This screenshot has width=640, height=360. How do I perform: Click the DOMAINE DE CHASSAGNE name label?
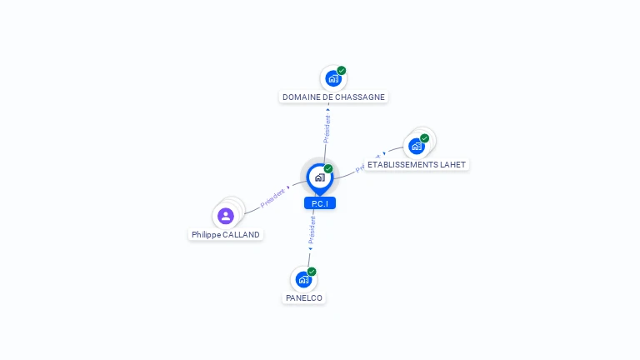[x=333, y=97]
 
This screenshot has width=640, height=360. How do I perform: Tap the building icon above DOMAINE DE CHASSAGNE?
[x=332, y=79]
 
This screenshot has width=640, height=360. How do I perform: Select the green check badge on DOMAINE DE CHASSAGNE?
[x=342, y=71]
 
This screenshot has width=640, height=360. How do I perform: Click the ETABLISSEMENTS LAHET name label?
[x=416, y=165]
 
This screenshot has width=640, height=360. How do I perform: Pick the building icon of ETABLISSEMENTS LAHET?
[x=416, y=146]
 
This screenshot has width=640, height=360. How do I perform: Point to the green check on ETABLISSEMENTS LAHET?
[x=425, y=138]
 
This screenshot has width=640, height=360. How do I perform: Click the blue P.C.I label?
[x=319, y=203]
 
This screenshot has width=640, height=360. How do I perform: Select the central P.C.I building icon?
[x=319, y=177]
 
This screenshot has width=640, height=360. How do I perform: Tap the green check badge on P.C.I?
[x=328, y=169]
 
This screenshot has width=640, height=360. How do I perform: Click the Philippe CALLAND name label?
[x=226, y=235]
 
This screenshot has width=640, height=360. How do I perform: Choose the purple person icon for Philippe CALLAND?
[x=225, y=216]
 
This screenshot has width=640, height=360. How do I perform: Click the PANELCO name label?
[x=303, y=298]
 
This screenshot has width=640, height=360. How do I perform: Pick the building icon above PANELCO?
[x=302, y=280]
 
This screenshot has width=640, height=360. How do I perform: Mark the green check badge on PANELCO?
[x=312, y=272]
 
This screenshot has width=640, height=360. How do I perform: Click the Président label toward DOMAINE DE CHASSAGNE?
[x=327, y=128]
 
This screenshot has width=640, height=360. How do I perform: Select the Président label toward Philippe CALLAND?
[x=272, y=197]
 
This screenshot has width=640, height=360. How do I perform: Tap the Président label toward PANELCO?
[x=312, y=230]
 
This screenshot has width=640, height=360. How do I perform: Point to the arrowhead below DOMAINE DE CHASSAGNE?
[x=328, y=108]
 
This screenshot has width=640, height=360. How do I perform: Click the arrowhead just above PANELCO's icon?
[x=310, y=248]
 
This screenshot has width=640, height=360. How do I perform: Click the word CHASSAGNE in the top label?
[x=360, y=97]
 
